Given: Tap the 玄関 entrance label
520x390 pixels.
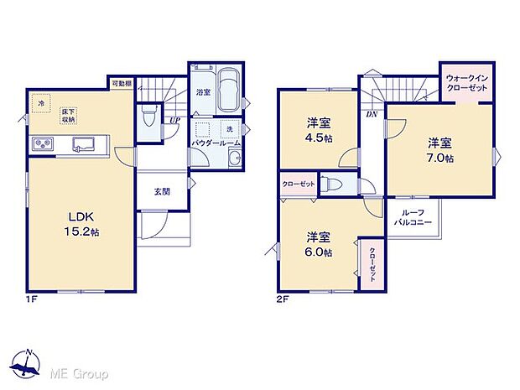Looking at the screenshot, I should (x=162, y=191).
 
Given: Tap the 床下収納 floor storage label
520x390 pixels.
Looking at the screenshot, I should (x=68, y=115).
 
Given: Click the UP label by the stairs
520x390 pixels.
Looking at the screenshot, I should (x=174, y=120).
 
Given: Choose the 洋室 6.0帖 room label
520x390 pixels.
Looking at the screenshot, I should (x=318, y=244).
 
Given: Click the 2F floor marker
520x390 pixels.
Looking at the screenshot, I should (x=284, y=298).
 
